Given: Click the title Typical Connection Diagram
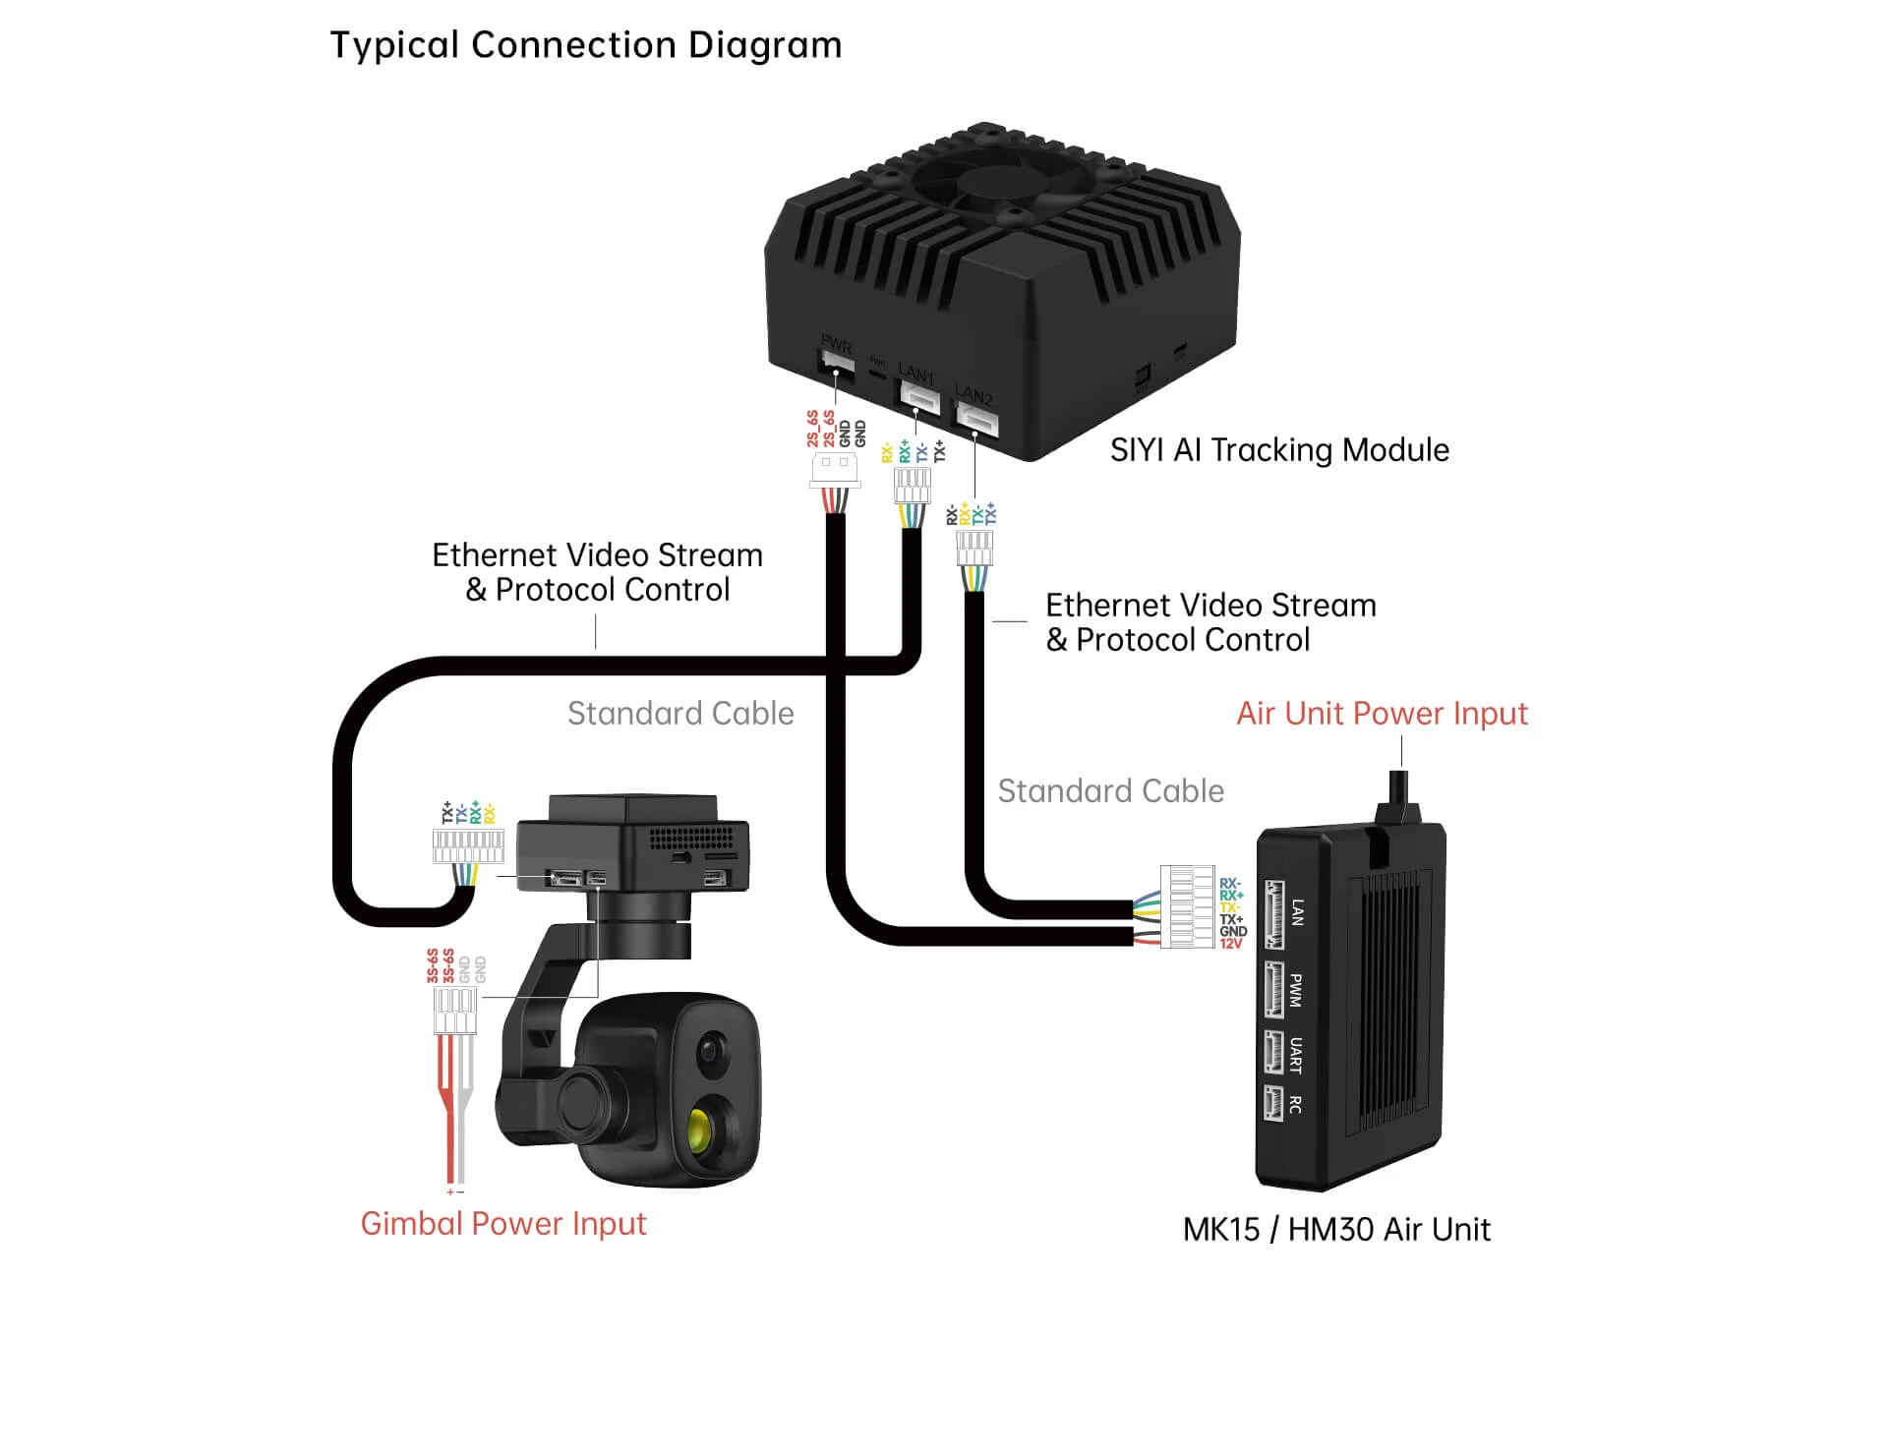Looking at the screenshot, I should [585, 45].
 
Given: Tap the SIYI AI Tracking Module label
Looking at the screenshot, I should [1278, 450].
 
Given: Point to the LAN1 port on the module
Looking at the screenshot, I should [919, 397].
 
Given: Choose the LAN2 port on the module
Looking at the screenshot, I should [977, 420].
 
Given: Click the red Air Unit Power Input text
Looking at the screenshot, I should [1381, 714].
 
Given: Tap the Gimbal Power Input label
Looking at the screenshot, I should [502, 1224].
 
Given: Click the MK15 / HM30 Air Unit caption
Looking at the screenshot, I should [1335, 1230].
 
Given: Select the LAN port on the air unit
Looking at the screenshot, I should [1274, 914].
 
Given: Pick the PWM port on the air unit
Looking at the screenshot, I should [1274, 989].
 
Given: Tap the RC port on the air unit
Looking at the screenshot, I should [1274, 1103].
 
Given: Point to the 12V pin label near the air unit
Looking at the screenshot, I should [1231, 944].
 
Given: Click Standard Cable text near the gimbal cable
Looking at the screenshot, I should [680, 714].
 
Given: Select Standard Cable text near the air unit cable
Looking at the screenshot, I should [1110, 791].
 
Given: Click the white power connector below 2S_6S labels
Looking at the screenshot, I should [834, 469].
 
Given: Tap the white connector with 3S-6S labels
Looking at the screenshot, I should [455, 1011].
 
